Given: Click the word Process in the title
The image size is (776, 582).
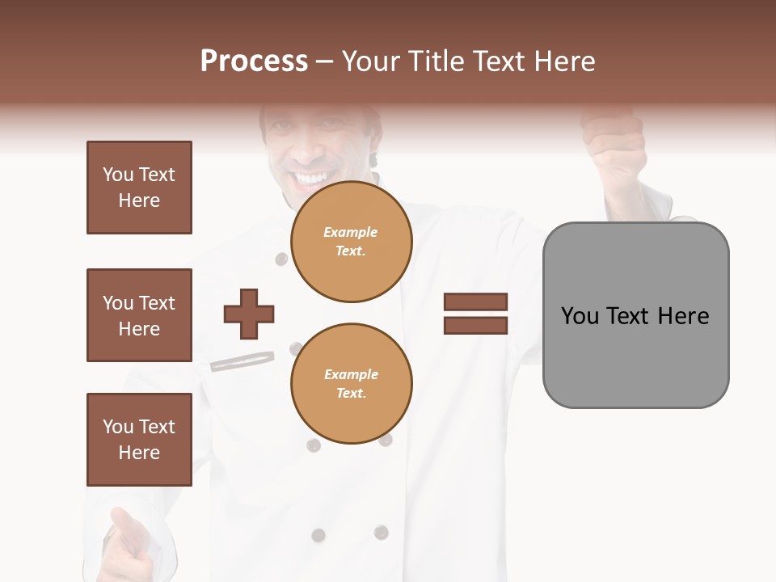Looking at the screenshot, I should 254,61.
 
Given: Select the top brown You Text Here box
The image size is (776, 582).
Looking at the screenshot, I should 139,188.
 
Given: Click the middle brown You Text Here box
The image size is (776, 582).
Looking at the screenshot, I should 139,315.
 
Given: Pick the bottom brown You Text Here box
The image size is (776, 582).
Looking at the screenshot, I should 139,440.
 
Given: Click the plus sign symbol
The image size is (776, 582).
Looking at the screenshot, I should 249,314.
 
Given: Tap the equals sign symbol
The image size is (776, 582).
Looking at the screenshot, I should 475,314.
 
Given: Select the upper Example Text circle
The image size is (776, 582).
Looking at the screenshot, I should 351,242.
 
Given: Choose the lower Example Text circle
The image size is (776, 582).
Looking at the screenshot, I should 351,384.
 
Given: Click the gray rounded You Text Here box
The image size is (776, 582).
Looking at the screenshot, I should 635,315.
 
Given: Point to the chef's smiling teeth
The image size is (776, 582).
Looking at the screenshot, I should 310,177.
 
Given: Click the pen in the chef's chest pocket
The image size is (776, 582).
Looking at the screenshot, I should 242,361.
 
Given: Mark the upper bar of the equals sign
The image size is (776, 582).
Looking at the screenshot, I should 475,302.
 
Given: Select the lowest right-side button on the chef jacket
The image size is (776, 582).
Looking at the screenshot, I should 381,533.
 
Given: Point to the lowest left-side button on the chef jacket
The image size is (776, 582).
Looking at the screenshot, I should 318,534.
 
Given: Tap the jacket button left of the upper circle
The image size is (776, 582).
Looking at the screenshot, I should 281,259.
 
